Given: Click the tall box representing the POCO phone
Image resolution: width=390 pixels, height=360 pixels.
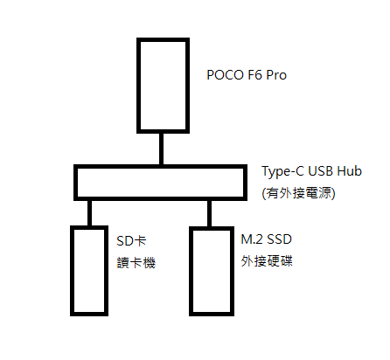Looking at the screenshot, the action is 138,86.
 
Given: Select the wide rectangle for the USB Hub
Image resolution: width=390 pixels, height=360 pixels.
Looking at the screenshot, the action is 160,167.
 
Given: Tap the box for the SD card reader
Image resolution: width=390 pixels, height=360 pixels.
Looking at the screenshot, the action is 72,271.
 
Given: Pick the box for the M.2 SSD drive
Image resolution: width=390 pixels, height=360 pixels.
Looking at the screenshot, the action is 191,272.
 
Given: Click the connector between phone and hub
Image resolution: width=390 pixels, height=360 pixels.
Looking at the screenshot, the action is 161,149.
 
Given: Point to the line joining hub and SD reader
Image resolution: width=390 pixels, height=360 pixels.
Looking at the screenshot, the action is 89,213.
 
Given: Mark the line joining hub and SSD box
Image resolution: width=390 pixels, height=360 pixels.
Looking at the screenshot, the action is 209,213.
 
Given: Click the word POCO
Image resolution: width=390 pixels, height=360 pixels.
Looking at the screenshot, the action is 225,75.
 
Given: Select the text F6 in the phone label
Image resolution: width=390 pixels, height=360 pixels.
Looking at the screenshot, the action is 255,75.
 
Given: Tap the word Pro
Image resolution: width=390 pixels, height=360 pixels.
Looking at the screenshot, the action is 276,75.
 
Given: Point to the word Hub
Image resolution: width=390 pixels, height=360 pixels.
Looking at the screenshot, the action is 349,171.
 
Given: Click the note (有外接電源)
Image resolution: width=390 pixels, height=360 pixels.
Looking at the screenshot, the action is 298,193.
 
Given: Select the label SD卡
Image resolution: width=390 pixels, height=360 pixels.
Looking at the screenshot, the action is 131,241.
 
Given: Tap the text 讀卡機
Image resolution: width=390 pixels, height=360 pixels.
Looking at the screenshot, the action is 136,262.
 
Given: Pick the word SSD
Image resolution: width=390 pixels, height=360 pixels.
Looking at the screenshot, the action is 279,239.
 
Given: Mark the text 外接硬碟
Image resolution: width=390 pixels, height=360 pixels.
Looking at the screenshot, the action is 267,261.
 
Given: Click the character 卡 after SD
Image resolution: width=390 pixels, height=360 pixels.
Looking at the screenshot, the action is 140,241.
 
